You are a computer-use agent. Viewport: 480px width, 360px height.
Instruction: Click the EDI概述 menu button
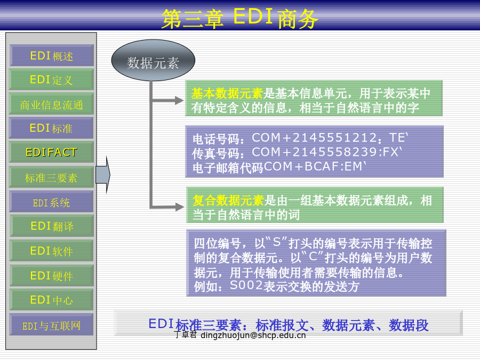tap(51, 55)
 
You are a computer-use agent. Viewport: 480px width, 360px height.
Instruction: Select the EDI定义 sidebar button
tap(51, 79)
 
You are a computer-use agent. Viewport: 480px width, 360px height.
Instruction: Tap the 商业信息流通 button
tap(51, 104)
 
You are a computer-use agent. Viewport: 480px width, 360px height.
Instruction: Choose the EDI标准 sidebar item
tap(51, 128)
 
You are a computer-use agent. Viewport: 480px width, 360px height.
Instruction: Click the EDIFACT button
tap(51, 152)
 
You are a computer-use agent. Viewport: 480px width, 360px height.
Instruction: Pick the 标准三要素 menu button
tap(51, 177)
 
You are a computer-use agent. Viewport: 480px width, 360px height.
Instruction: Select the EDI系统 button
tap(51, 202)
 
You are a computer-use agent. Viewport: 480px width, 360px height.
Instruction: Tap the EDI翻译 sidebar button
tap(51, 226)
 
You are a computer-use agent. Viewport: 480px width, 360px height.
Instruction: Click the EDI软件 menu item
tap(51, 251)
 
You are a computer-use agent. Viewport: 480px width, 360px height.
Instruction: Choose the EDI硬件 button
tap(51, 276)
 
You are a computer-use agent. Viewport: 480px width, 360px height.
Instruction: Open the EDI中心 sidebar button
tap(51, 300)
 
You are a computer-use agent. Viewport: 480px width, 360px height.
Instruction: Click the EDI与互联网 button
tap(51, 325)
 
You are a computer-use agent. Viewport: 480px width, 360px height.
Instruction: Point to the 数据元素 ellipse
tap(153, 60)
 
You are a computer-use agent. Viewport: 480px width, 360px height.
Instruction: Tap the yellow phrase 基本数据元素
tap(227, 93)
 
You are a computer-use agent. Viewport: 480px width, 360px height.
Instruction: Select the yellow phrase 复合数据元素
tap(228, 201)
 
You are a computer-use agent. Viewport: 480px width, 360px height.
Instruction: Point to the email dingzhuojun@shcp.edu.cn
tap(253, 335)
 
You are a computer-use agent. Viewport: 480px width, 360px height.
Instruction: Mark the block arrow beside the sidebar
tap(103, 175)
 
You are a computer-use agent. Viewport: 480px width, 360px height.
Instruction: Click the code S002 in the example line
tap(246, 285)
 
